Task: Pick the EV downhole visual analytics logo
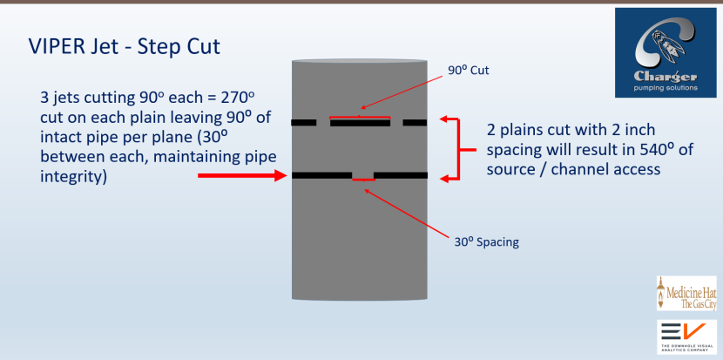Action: tap(686, 336)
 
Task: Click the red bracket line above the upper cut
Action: tap(359, 117)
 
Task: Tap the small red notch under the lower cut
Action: tap(362, 179)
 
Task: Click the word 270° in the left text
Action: tap(235, 95)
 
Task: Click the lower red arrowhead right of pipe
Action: tap(447, 178)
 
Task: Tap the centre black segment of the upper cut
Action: tap(360, 123)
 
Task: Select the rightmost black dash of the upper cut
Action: tap(415, 123)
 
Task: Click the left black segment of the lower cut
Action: tap(321, 175)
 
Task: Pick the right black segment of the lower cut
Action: tap(401, 175)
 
